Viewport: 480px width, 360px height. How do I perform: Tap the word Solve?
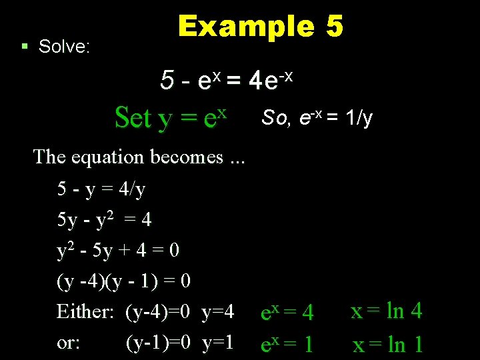pyautogui.click(x=65, y=47)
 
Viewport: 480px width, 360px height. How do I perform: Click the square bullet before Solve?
pyautogui.click(x=24, y=47)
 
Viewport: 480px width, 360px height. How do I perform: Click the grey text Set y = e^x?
pyautogui.click(x=171, y=118)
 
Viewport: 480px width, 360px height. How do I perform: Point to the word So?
pyautogui.click(x=275, y=118)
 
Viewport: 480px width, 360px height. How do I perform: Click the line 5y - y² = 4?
pyautogui.click(x=105, y=219)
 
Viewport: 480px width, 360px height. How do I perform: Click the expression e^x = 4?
pyautogui.click(x=286, y=312)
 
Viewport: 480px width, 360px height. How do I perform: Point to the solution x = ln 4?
pyautogui.click(x=387, y=311)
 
